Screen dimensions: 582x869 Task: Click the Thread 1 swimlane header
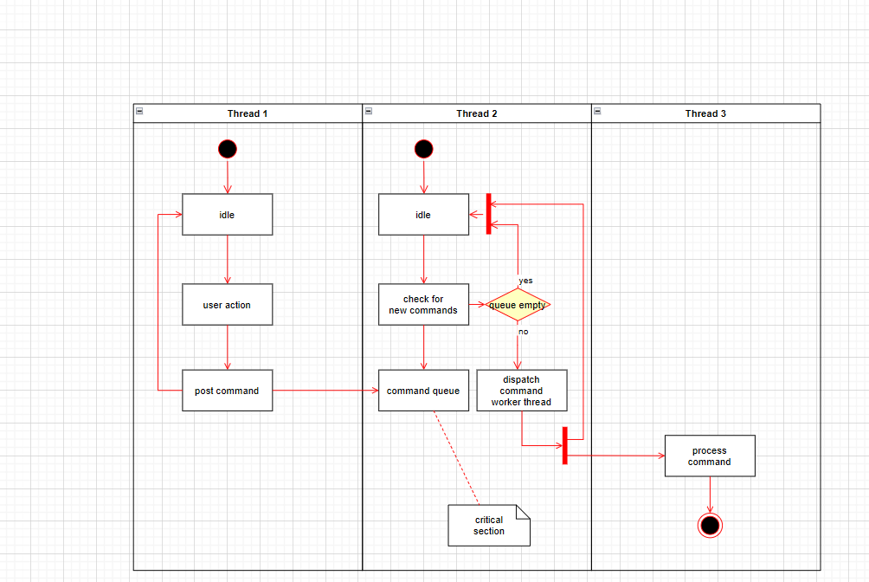[248, 113]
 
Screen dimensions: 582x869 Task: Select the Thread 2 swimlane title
[477, 113]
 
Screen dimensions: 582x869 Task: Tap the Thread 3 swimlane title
[705, 113]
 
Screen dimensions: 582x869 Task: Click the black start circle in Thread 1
[228, 149]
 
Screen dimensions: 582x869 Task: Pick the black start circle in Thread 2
[423, 149]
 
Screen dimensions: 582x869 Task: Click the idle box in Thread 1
[227, 215]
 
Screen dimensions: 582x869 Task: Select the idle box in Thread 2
[423, 215]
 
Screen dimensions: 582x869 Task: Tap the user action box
[227, 305]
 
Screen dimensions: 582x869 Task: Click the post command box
[227, 391]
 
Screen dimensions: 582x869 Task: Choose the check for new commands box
[423, 305]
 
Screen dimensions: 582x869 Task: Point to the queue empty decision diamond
[518, 305]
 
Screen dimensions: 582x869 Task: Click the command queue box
[423, 391]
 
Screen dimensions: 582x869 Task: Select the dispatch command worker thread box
[521, 391]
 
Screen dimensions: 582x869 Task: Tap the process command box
[710, 456]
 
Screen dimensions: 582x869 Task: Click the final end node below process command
[710, 525]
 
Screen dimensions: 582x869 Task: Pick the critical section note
[488, 526]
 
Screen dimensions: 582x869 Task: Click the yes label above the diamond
[525, 281]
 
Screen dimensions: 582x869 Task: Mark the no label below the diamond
[523, 332]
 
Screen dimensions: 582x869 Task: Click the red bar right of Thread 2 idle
[489, 214]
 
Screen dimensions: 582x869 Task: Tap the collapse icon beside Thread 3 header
[597, 111]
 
